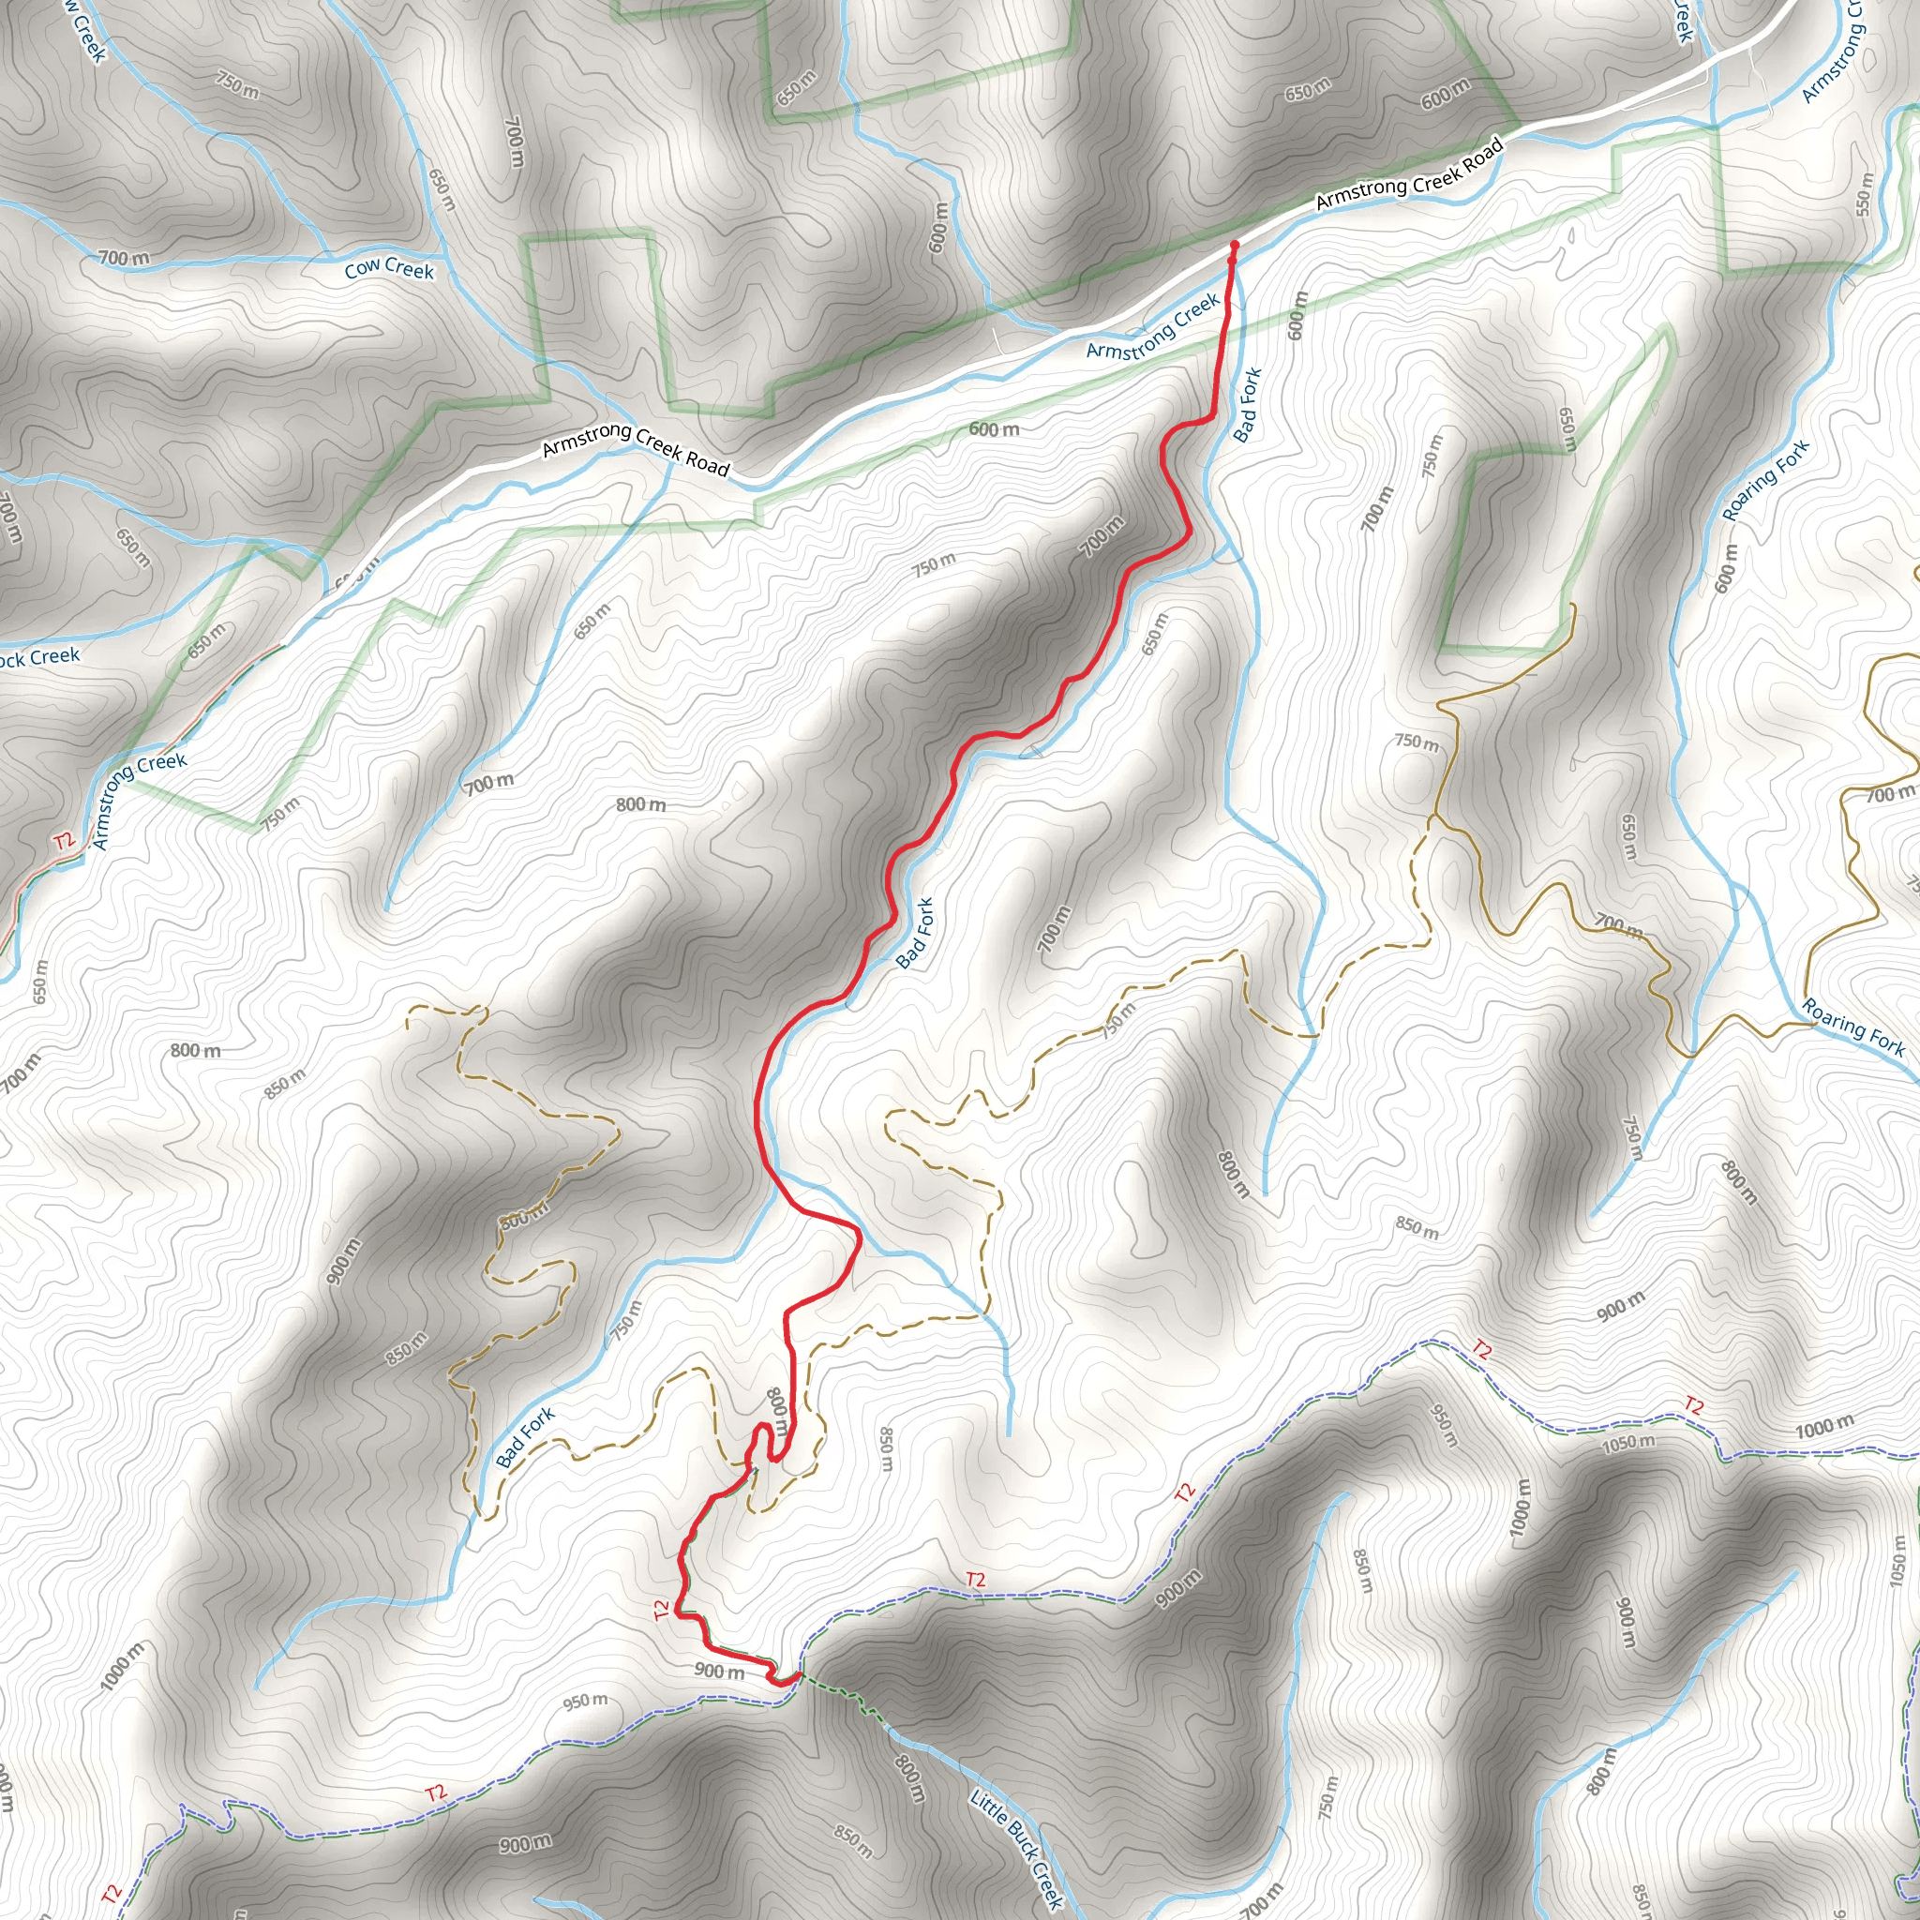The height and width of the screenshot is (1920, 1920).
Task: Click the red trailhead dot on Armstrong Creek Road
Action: click(1235, 245)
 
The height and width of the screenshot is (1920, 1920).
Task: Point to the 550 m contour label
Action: click(1865, 194)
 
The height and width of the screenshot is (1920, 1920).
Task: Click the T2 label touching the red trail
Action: click(663, 1609)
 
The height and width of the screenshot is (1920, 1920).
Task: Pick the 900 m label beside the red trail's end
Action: click(718, 1671)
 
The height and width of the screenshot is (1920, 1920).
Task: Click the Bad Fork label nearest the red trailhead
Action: click(1246, 403)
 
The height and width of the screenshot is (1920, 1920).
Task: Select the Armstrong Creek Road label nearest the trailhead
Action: click(1408, 175)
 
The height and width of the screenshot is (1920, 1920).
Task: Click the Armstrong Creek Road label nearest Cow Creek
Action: click(636, 448)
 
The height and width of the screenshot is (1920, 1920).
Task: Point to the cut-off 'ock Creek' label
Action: click(39, 657)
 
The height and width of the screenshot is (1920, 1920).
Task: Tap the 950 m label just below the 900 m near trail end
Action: click(585, 1702)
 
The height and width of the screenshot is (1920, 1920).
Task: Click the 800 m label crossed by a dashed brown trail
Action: click(524, 1219)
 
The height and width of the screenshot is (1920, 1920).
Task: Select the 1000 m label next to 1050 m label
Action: click(1823, 1427)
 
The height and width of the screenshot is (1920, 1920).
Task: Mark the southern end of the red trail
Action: click(796, 1676)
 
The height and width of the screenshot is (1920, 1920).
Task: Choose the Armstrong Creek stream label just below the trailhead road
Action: click(1152, 326)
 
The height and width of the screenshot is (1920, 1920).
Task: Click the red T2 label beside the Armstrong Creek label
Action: click(65, 842)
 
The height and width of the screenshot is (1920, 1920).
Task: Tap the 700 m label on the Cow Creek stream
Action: click(125, 259)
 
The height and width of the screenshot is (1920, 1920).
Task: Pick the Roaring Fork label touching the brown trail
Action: click(1853, 1027)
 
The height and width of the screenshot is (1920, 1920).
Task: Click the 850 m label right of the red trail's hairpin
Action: click(888, 1447)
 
